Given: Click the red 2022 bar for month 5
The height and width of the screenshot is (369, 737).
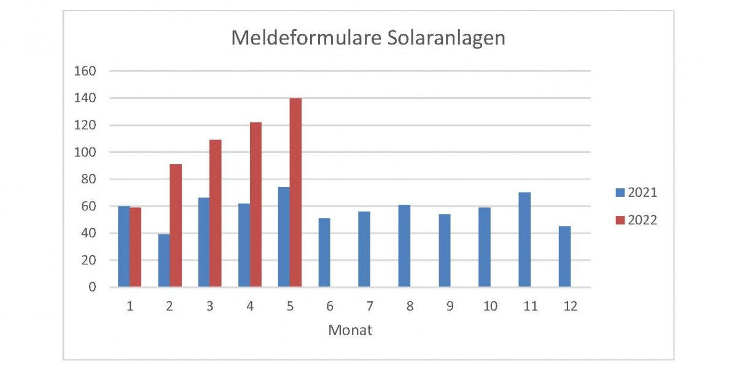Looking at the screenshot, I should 295,192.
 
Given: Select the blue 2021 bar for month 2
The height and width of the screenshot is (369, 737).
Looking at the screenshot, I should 164,260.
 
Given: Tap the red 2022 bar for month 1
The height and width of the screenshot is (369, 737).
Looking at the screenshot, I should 135,247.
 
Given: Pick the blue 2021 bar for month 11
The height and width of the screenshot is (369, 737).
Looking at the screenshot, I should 524,240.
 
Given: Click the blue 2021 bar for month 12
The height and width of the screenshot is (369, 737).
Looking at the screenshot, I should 564,256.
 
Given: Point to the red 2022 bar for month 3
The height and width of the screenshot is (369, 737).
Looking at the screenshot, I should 216,213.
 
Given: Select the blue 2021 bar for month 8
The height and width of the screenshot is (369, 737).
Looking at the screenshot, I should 404,246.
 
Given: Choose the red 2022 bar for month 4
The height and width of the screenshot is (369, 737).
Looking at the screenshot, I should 255,205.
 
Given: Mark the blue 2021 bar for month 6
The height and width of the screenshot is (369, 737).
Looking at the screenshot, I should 324,253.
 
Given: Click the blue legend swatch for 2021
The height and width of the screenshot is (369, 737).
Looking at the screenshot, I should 619,192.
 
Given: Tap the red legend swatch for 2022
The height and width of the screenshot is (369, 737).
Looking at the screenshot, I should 619,220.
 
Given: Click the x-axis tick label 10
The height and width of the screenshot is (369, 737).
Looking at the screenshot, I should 490,306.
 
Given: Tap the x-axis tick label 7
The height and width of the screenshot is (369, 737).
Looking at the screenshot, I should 370,306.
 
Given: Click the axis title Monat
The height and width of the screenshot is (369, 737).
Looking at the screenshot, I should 350,330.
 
